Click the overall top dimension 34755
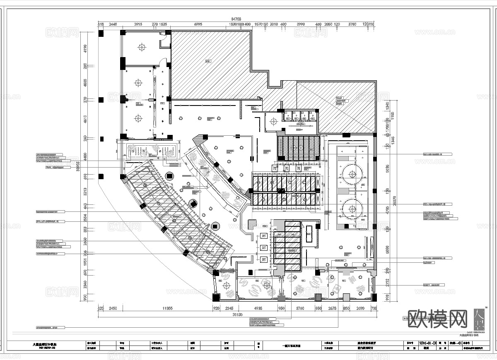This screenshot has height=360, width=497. pyautogui.click(x=236, y=19)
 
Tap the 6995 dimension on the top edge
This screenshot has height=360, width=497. pyautogui.click(x=198, y=25)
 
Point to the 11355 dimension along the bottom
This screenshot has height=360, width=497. pyautogui.click(x=167, y=308)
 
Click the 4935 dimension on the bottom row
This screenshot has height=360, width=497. pyautogui.click(x=258, y=308)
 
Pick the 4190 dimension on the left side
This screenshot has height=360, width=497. pyautogui.click(x=85, y=49)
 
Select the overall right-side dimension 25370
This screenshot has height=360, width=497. pyautogui.click(x=395, y=200)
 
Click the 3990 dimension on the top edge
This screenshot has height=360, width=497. pyautogui.click(x=301, y=25)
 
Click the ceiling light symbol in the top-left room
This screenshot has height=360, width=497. pyautogui.click(x=142, y=48)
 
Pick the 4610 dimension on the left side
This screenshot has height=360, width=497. pyautogui.click(x=85, y=119)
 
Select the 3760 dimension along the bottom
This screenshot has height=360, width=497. pyautogui.click(x=300, y=308)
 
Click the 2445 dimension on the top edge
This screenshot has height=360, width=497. pyautogui.click(x=113, y=25)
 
